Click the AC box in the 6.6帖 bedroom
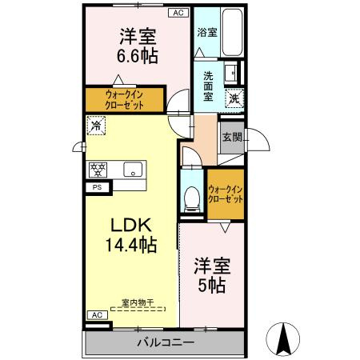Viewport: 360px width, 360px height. [x=178, y=13]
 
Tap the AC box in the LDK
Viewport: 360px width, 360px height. [x=98, y=315]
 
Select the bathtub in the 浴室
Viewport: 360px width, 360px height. [x=232, y=32]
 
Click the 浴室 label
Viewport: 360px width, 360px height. [x=207, y=33]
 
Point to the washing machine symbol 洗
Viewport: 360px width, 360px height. [x=234, y=98]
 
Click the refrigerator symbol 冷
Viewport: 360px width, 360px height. [x=96, y=126]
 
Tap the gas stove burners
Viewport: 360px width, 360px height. [x=98, y=170]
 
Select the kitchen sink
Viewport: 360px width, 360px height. [x=133, y=170]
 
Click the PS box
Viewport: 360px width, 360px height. [x=98, y=187]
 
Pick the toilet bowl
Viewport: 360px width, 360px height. [x=192, y=198]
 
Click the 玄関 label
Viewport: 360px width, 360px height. [x=232, y=138]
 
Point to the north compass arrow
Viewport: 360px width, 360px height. [x=283, y=339]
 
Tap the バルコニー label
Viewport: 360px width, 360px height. [x=166, y=342]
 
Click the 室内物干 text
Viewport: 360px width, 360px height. [x=138, y=302]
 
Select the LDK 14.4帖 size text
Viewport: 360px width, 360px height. [x=131, y=235]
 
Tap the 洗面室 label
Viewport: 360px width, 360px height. [x=208, y=86]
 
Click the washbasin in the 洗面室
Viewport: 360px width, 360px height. [x=230, y=72]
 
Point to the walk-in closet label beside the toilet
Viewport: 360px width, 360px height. [x=226, y=194]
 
